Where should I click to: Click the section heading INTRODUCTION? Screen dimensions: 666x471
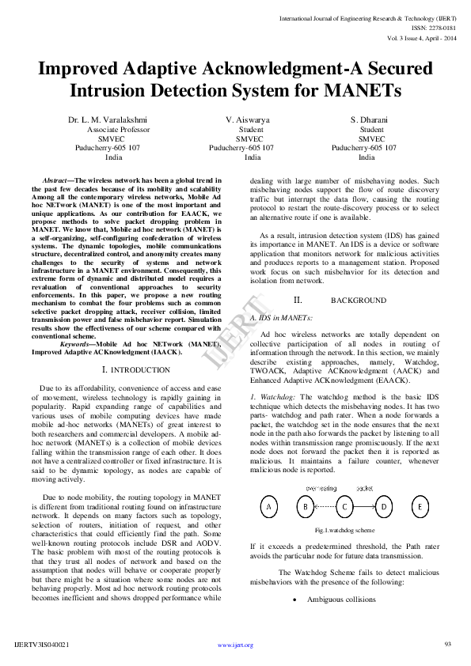coord(140,370)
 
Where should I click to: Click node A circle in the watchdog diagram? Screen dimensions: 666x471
coord(269,506)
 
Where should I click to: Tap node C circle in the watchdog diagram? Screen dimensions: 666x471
coord(344,506)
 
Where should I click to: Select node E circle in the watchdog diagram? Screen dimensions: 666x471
coord(420,506)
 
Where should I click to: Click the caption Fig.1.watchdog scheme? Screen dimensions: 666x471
coord(344,530)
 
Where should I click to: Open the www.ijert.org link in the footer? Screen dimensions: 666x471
coord(235,645)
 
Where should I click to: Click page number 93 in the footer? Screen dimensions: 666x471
coord(447,644)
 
